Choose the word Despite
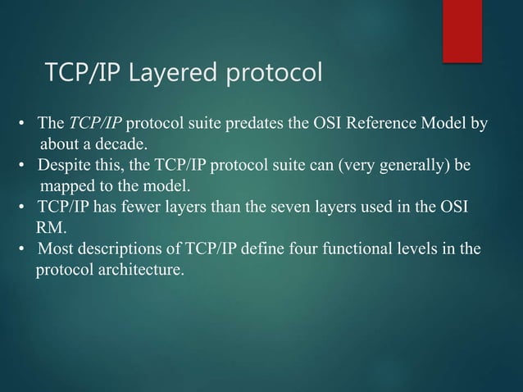pyautogui.click(x=62, y=165)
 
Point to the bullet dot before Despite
pyautogui.click(x=25, y=166)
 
